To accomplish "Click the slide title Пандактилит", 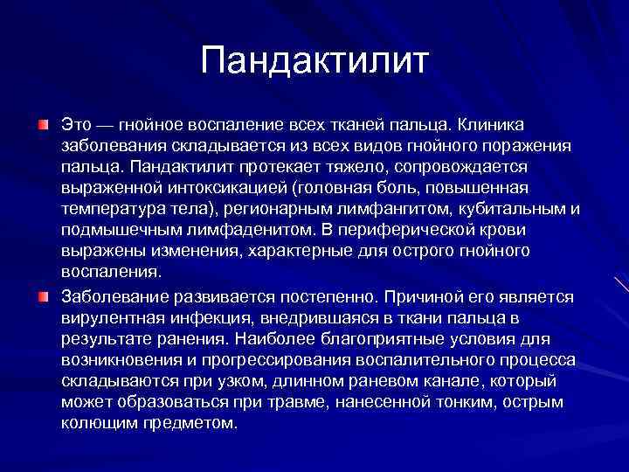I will tap(314, 61).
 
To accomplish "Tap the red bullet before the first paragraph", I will tap(43, 128).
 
